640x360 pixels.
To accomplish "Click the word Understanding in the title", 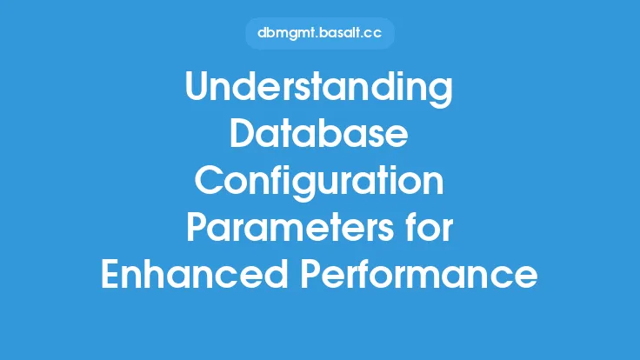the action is point(319,88).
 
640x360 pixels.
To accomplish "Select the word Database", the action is point(319,133).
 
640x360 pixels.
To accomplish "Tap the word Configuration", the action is point(319,182).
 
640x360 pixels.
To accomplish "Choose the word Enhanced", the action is point(195,273).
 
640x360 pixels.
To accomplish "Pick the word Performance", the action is point(419,273).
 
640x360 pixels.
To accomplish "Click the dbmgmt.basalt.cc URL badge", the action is point(320,33).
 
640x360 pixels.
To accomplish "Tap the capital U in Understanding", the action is point(197,86).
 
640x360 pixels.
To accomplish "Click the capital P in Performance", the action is point(311,274).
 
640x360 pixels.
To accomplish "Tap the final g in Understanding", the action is point(442,94).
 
